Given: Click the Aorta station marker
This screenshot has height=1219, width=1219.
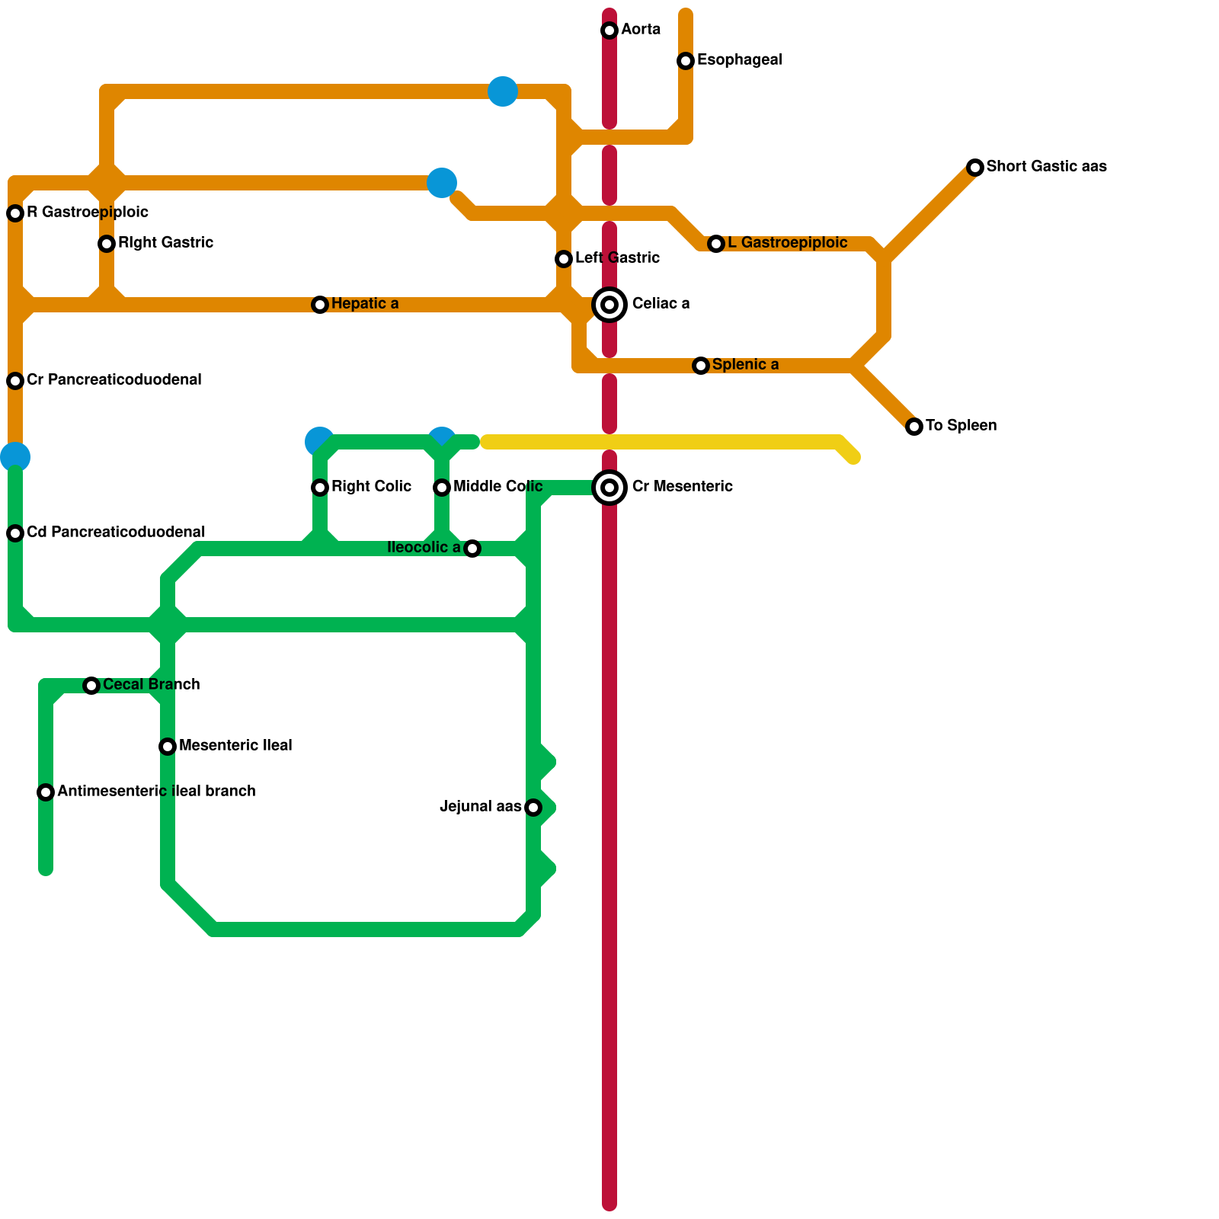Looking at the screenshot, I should pyautogui.click(x=609, y=30).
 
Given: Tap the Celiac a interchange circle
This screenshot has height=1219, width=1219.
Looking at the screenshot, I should pyautogui.click(x=609, y=305).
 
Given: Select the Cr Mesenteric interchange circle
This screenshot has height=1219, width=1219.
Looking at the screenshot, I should pyautogui.click(x=609, y=488).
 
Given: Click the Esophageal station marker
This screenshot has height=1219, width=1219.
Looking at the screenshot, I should pyautogui.click(x=686, y=61).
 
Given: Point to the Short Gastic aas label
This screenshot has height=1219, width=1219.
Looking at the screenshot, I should pyautogui.click(x=1046, y=166).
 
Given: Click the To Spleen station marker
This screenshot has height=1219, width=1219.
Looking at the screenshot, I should pyautogui.click(x=914, y=427).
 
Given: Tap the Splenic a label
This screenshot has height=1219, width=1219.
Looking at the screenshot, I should pyautogui.click(x=745, y=364).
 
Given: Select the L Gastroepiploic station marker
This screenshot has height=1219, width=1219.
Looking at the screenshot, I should pyautogui.click(x=716, y=244).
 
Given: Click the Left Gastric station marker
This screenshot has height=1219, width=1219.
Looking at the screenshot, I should pyautogui.click(x=564, y=259).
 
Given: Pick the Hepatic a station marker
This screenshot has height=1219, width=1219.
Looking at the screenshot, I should pyautogui.click(x=320, y=305).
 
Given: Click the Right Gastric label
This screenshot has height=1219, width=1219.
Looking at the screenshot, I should pyautogui.click(x=165, y=242).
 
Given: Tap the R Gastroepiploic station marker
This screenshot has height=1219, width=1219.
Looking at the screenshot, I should pyautogui.click(x=15, y=213).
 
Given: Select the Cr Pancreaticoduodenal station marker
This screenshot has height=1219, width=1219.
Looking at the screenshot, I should pyautogui.click(x=15, y=381).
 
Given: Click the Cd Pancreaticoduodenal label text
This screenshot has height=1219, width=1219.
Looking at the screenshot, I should pyautogui.click(x=116, y=532).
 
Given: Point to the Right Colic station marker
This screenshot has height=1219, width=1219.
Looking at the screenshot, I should pyautogui.click(x=320, y=488).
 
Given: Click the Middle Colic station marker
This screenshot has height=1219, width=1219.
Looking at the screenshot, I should pyautogui.click(x=442, y=488).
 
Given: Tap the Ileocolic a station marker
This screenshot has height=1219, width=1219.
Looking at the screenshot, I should pyautogui.click(x=472, y=549).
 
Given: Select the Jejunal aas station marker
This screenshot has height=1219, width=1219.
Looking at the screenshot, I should pyautogui.click(x=533, y=808).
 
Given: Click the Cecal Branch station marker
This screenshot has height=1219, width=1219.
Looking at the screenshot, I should pyautogui.click(x=91, y=686).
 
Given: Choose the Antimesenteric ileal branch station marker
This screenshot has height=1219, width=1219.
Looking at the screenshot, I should pyautogui.click(x=46, y=792).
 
